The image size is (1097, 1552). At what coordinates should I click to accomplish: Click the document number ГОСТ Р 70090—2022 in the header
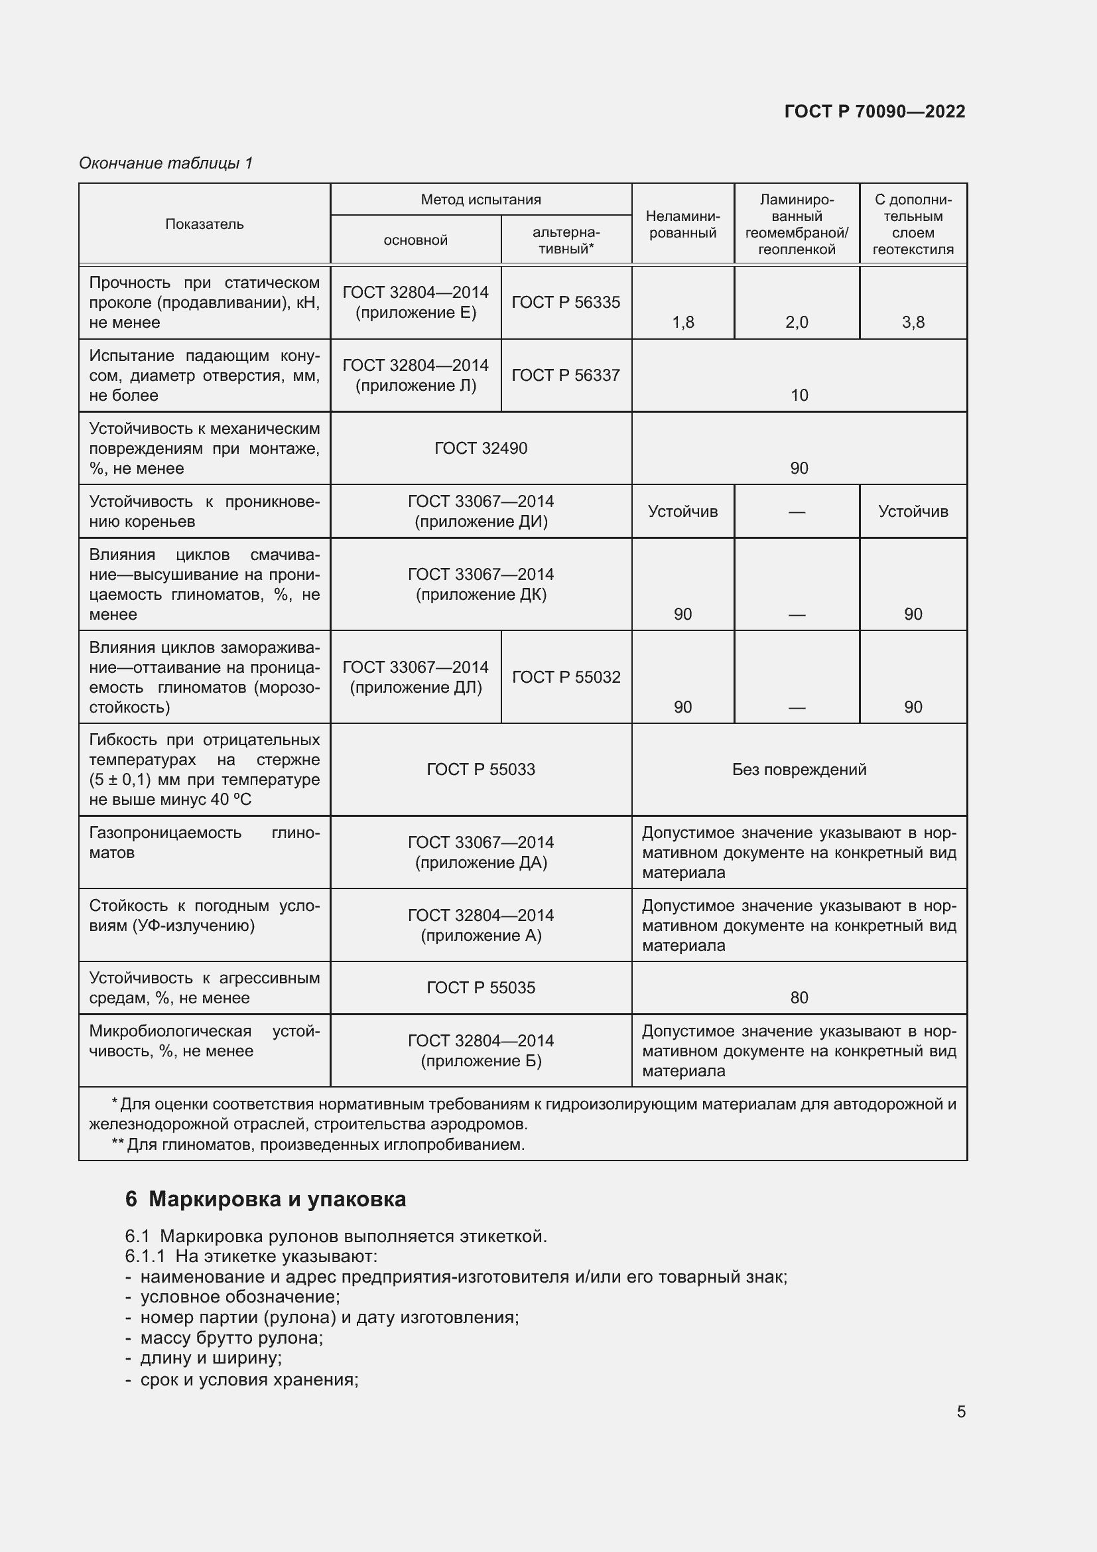click(874, 111)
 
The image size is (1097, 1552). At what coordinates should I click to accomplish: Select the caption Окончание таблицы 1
click(166, 163)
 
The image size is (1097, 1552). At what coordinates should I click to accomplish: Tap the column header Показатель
click(204, 224)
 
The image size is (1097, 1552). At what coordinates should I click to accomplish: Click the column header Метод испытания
click(480, 200)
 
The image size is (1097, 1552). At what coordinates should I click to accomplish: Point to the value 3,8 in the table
click(913, 322)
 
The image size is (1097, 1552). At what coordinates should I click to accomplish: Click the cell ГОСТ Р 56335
click(565, 302)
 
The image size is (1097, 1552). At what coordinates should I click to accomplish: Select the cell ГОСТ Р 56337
click(565, 375)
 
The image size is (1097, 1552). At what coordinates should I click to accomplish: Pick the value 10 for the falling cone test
click(799, 395)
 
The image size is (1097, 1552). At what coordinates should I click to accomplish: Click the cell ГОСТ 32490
click(480, 448)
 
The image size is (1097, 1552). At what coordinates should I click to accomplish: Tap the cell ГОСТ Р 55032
click(565, 677)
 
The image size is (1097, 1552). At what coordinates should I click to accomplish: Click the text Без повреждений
click(799, 769)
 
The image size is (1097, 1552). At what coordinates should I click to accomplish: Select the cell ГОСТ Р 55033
click(480, 769)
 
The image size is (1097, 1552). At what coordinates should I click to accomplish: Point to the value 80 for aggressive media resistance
click(799, 998)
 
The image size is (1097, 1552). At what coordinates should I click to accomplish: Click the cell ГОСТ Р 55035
click(480, 987)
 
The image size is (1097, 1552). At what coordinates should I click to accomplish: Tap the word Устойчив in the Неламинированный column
click(682, 512)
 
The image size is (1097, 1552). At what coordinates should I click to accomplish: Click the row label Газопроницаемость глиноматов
click(204, 842)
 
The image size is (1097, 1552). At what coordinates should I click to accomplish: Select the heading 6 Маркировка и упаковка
click(265, 1199)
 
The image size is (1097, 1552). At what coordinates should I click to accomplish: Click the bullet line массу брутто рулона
click(231, 1338)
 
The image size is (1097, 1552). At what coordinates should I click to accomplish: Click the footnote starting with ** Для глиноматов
click(318, 1145)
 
